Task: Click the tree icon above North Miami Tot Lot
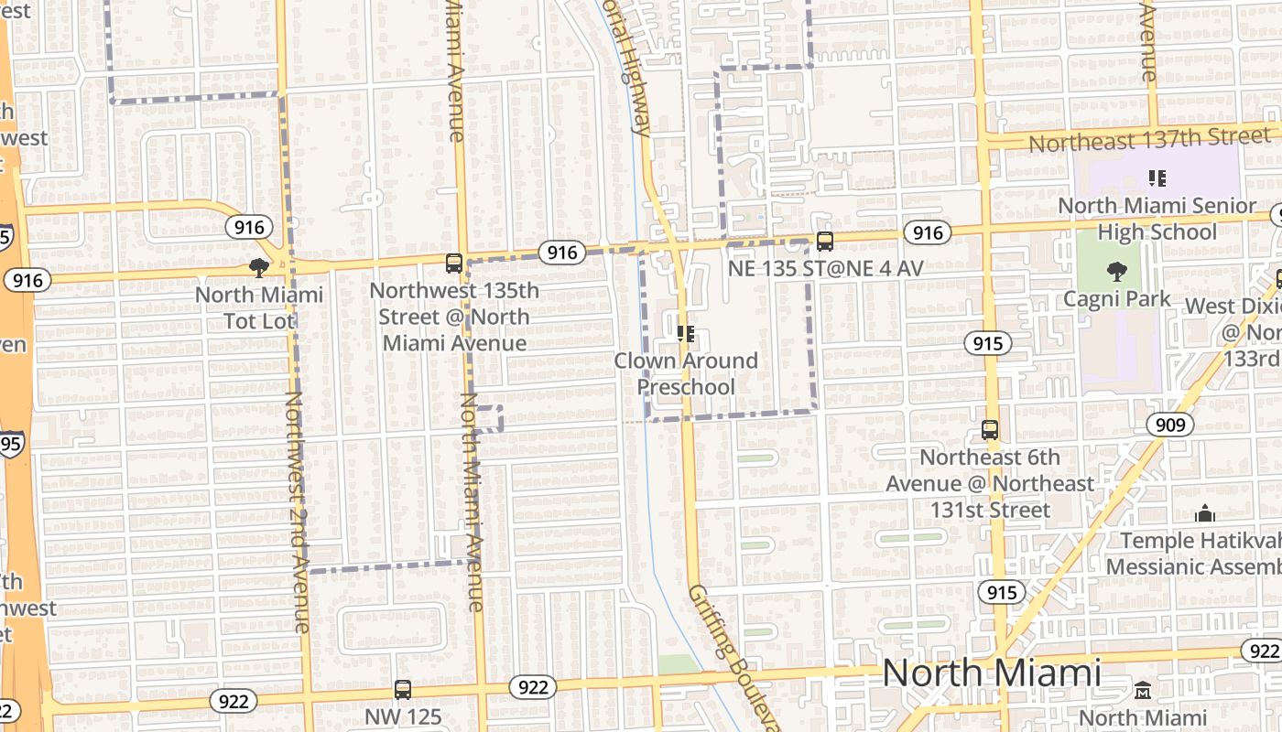point(259,267)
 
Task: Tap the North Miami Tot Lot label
point(259,307)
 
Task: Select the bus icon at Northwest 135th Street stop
point(453,264)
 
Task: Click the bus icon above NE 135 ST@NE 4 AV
point(825,242)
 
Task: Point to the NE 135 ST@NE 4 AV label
point(825,269)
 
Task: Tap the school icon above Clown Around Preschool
point(686,334)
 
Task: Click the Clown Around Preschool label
point(686,373)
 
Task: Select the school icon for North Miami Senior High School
point(1157,178)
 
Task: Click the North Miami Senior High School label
point(1157,219)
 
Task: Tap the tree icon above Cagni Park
point(1116,271)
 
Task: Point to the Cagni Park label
point(1116,298)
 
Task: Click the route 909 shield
point(1169,425)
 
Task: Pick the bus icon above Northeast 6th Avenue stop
point(990,429)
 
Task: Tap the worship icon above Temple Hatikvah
point(1205,514)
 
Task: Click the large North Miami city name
point(992,673)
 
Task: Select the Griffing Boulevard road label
point(732,654)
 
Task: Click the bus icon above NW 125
point(403,690)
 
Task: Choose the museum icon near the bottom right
point(1143,690)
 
